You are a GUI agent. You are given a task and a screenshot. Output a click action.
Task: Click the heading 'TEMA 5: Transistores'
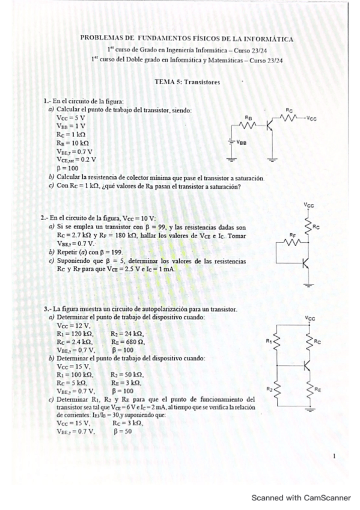tap(187, 81)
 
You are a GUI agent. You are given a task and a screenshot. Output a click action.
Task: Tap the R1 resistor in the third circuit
tap(277, 341)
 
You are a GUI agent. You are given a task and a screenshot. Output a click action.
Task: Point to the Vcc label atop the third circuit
tap(310, 318)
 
